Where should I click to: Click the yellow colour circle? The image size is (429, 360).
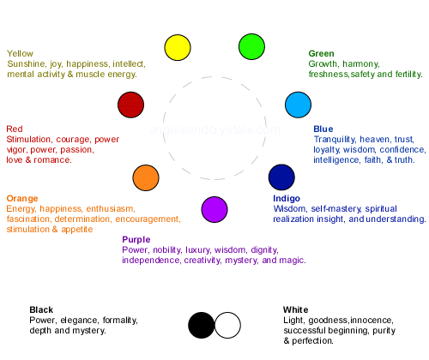[178, 47]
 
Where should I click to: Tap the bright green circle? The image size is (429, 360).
[251, 47]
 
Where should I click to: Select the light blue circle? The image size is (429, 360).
[298, 105]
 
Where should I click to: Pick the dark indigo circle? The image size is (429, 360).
[281, 177]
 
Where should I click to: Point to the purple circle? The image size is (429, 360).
[214, 209]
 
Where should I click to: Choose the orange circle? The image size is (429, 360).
[146, 177]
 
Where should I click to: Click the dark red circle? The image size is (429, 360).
[130, 105]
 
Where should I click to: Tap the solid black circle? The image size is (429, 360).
[202, 325]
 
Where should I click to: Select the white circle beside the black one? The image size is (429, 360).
[227, 325]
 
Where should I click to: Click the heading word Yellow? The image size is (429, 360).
[20, 53]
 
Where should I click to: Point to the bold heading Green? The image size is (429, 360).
[321, 53]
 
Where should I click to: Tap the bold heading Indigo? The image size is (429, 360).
[287, 198]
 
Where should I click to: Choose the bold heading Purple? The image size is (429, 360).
[136, 239]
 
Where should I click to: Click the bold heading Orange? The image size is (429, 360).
[22, 199]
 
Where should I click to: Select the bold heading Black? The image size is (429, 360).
[41, 309]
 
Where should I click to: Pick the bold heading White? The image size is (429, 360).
[295, 309]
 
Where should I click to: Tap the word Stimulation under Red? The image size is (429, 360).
[29, 139]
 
